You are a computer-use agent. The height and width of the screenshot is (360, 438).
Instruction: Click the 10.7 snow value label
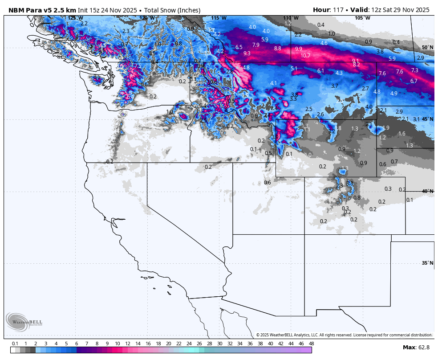tap(305, 56)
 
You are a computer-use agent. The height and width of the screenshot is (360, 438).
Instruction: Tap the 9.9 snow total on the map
tap(298, 49)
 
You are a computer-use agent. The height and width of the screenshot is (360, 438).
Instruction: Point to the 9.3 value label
tap(247, 53)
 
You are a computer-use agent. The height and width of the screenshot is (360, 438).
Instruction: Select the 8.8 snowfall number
tap(278, 48)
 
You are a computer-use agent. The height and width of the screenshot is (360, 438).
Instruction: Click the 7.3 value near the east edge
tap(414, 70)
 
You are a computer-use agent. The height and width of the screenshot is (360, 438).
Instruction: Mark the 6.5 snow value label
tap(239, 47)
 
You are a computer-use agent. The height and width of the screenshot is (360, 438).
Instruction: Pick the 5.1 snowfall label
tap(294, 68)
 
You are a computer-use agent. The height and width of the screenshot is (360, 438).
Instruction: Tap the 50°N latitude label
tap(427, 47)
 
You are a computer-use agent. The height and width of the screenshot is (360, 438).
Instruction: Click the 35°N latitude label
tap(427, 263)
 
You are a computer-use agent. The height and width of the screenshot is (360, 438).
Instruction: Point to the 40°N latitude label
tap(427, 191)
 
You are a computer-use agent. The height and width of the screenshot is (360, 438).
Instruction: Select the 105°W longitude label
tap(362, 18)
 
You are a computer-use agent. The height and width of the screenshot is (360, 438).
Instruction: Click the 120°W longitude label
tap(147, 18)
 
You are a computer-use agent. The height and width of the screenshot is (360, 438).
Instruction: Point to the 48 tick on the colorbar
tap(311, 344)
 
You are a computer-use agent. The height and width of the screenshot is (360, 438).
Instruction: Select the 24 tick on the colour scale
tap(189, 344)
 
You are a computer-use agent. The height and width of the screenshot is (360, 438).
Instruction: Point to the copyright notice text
tap(344, 335)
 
